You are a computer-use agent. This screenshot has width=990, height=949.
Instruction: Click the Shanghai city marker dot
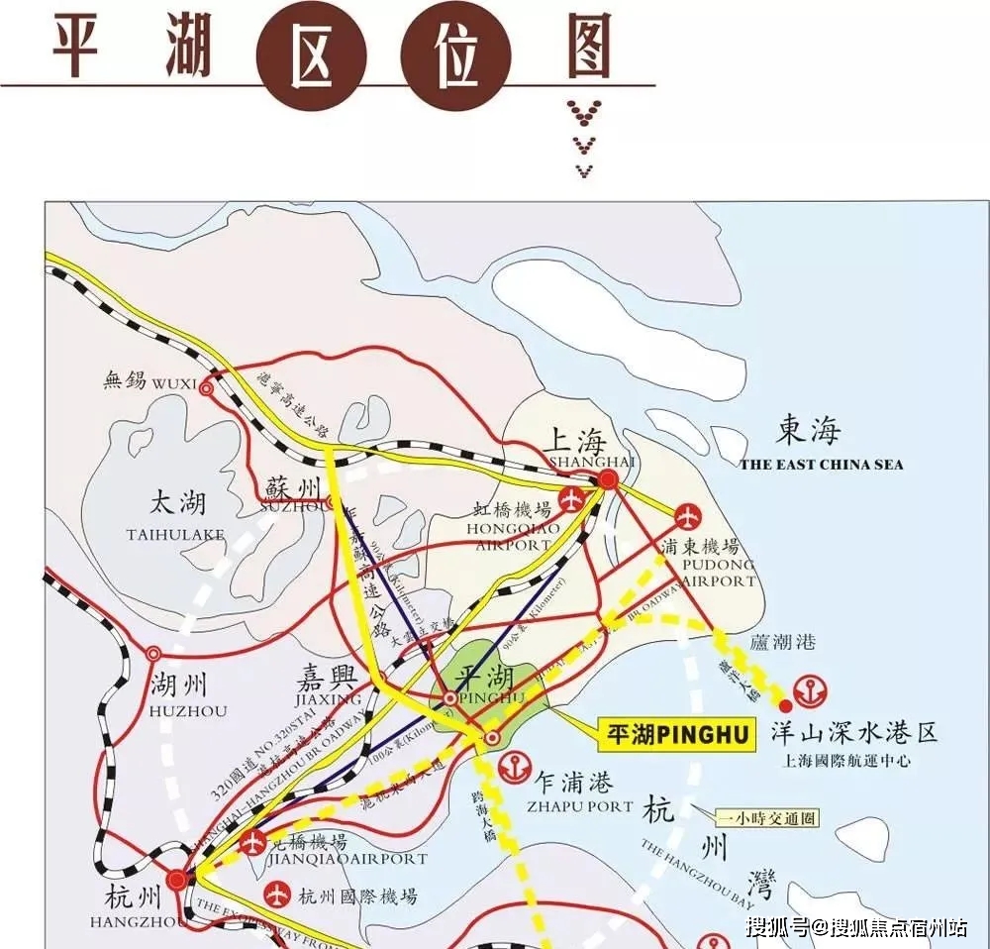coord(608,479)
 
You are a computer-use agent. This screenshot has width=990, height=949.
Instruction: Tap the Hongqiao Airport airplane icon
coord(571,499)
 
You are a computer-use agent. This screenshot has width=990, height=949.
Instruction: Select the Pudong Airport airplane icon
coord(687,517)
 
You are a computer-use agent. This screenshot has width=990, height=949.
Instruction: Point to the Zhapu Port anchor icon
coord(514,765)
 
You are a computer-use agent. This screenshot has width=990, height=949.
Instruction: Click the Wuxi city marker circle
coord(206,389)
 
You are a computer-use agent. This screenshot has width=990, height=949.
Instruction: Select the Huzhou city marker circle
coord(153,654)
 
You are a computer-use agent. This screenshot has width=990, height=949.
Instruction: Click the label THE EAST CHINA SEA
coord(821,465)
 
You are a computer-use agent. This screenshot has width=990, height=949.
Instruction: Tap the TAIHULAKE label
coord(175,535)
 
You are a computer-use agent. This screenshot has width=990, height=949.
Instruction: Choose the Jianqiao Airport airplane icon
coord(252,843)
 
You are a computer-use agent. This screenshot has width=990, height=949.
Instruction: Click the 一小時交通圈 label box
coord(767,818)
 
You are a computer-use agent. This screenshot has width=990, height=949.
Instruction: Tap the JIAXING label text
coord(329,699)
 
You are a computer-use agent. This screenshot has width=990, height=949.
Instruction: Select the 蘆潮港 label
coord(782,642)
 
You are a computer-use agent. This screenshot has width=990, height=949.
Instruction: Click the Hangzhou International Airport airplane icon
coord(275,896)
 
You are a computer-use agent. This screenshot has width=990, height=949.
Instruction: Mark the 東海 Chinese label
coord(809,431)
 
